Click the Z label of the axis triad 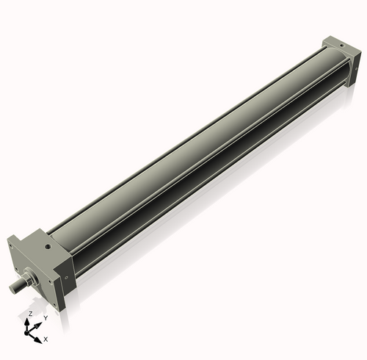click(30, 314)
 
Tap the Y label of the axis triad click(45, 317)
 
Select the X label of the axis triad click(46, 339)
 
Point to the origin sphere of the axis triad click(30, 330)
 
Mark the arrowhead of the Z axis click(30, 320)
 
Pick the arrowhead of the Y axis click(39, 323)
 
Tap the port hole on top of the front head click(47, 248)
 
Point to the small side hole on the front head click(67, 277)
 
